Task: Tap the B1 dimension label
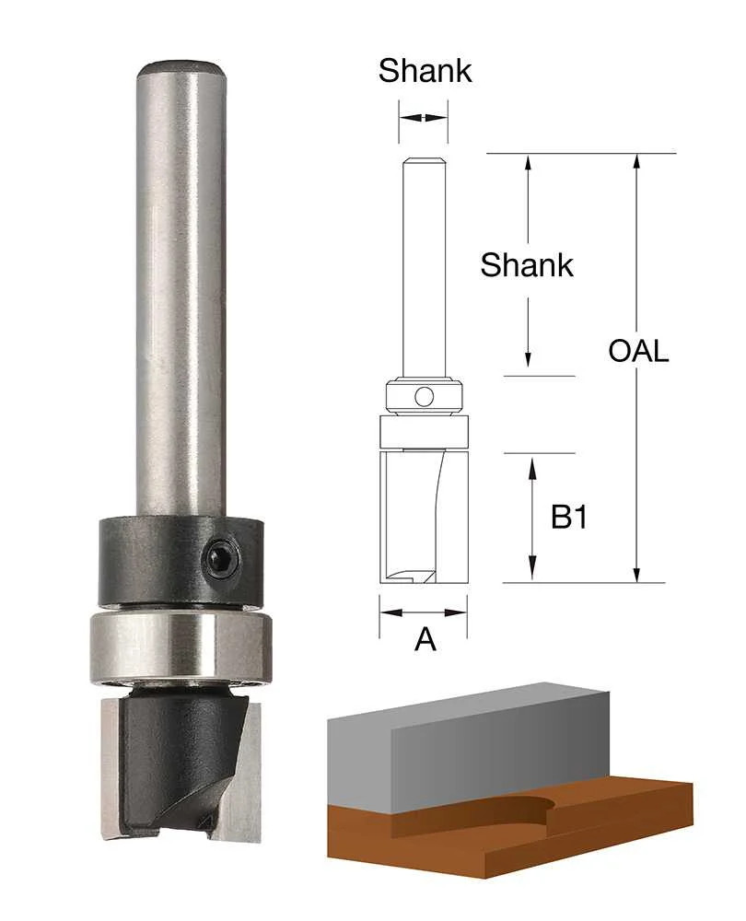(x=568, y=518)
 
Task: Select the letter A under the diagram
(x=425, y=639)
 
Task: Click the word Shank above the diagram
(x=425, y=71)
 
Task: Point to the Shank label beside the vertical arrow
(x=526, y=265)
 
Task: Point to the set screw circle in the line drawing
(x=424, y=397)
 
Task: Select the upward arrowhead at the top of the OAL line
(x=635, y=162)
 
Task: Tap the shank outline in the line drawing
(x=424, y=267)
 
